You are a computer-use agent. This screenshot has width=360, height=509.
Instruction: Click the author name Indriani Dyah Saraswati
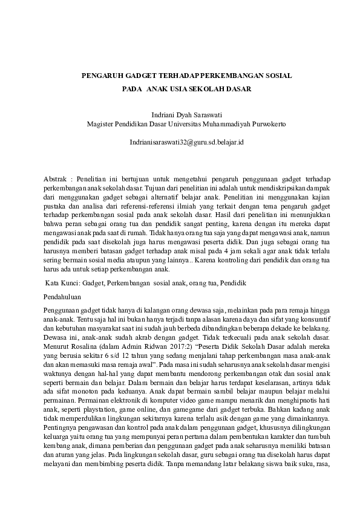coord(180,114)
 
